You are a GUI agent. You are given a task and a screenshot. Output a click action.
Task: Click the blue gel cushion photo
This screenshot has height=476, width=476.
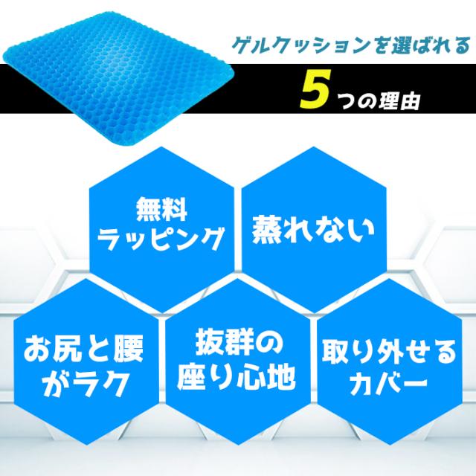pos(118,77)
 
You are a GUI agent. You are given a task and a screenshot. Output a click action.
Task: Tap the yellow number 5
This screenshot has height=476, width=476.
pos(315,89)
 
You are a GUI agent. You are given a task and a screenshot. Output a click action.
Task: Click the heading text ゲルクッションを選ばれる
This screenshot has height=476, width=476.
pos(351,46)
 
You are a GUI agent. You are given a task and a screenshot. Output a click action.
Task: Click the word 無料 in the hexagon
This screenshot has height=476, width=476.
pos(161,210)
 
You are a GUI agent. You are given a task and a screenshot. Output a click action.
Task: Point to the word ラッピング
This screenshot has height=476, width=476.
pos(161,239)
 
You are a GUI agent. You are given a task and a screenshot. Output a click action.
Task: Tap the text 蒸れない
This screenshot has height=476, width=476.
pos(313,230)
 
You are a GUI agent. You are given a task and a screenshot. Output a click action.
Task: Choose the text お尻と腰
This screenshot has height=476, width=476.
pos(83,349)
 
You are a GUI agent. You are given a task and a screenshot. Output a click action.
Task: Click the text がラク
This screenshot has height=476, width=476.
pos(85,384)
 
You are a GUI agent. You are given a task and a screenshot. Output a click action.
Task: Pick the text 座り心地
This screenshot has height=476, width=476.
pos(237,377)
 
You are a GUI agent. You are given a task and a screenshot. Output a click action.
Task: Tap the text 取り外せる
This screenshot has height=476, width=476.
pos(389,353)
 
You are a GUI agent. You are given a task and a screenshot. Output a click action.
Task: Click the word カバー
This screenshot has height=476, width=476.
pos(388,384)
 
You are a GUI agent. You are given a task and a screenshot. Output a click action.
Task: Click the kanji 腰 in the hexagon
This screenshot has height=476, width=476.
pos(129,349)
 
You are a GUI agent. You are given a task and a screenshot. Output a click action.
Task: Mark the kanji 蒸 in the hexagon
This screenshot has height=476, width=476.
pos(267,230)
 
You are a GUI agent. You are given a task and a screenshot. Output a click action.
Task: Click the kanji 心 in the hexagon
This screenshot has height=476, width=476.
pos(251,377)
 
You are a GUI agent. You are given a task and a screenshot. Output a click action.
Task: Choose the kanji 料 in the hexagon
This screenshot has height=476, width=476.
pos(175,210)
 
